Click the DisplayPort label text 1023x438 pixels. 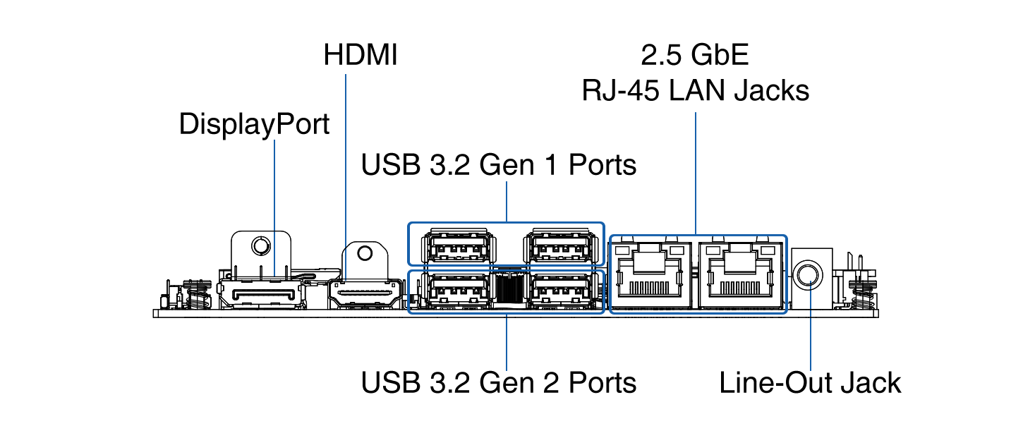tap(254, 124)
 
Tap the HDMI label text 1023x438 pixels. tap(361, 55)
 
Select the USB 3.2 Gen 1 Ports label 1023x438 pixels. tap(498, 164)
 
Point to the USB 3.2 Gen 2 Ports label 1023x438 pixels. tap(498, 382)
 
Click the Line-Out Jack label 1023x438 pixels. tap(810, 383)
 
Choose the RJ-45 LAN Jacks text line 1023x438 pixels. tap(695, 90)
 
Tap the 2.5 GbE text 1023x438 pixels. tap(695, 55)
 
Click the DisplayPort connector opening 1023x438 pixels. tap(261, 293)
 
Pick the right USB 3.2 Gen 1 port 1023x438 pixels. tap(560, 248)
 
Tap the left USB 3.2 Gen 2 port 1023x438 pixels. tap(457, 291)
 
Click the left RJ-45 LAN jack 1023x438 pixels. tap(650, 275)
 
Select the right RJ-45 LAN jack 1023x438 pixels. tap(740, 275)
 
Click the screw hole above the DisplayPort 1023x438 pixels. tap(261, 246)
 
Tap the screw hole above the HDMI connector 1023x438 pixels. tap(365, 253)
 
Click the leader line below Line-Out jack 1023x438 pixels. tap(811, 326)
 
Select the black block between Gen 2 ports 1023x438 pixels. tap(509, 288)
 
